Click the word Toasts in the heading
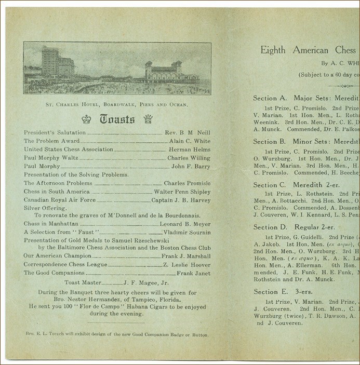click(x=117, y=119)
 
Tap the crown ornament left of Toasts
click(x=86, y=119)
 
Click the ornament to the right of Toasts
click(x=148, y=119)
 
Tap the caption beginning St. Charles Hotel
click(x=117, y=105)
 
